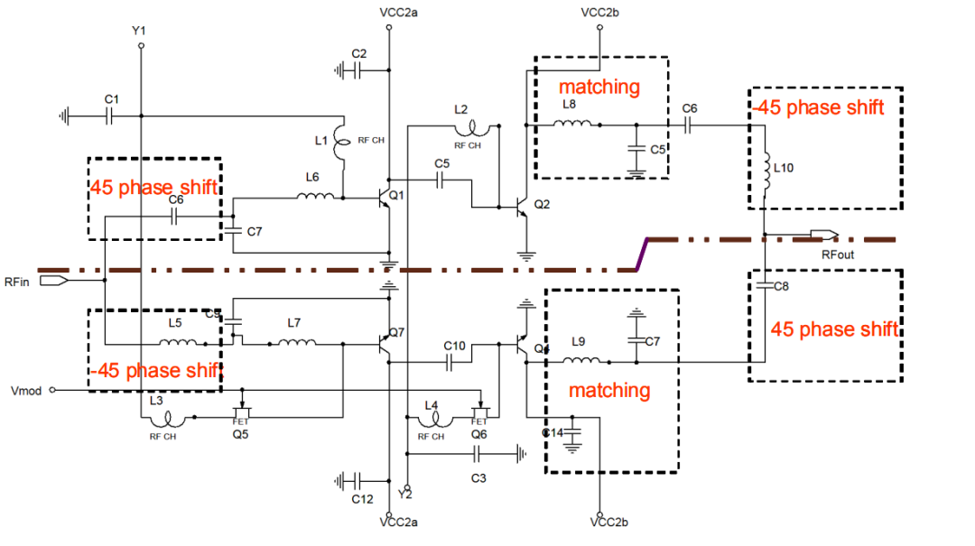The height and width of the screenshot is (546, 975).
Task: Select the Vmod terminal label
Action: coord(25,390)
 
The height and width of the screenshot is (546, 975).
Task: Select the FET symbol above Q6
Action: coord(479,412)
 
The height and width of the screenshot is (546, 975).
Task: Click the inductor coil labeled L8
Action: coord(574,125)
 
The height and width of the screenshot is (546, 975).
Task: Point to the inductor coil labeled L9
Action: coord(583,361)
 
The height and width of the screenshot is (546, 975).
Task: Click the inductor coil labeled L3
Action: coord(166,418)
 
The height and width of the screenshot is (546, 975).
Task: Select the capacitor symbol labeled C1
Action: coord(109,116)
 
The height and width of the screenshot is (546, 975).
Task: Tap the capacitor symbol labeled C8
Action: coord(765,285)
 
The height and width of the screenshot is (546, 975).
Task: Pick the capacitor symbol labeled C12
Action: coord(357,479)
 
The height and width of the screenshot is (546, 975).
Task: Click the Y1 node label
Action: coord(139,32)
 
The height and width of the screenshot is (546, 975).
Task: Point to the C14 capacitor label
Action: coord(552,433)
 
